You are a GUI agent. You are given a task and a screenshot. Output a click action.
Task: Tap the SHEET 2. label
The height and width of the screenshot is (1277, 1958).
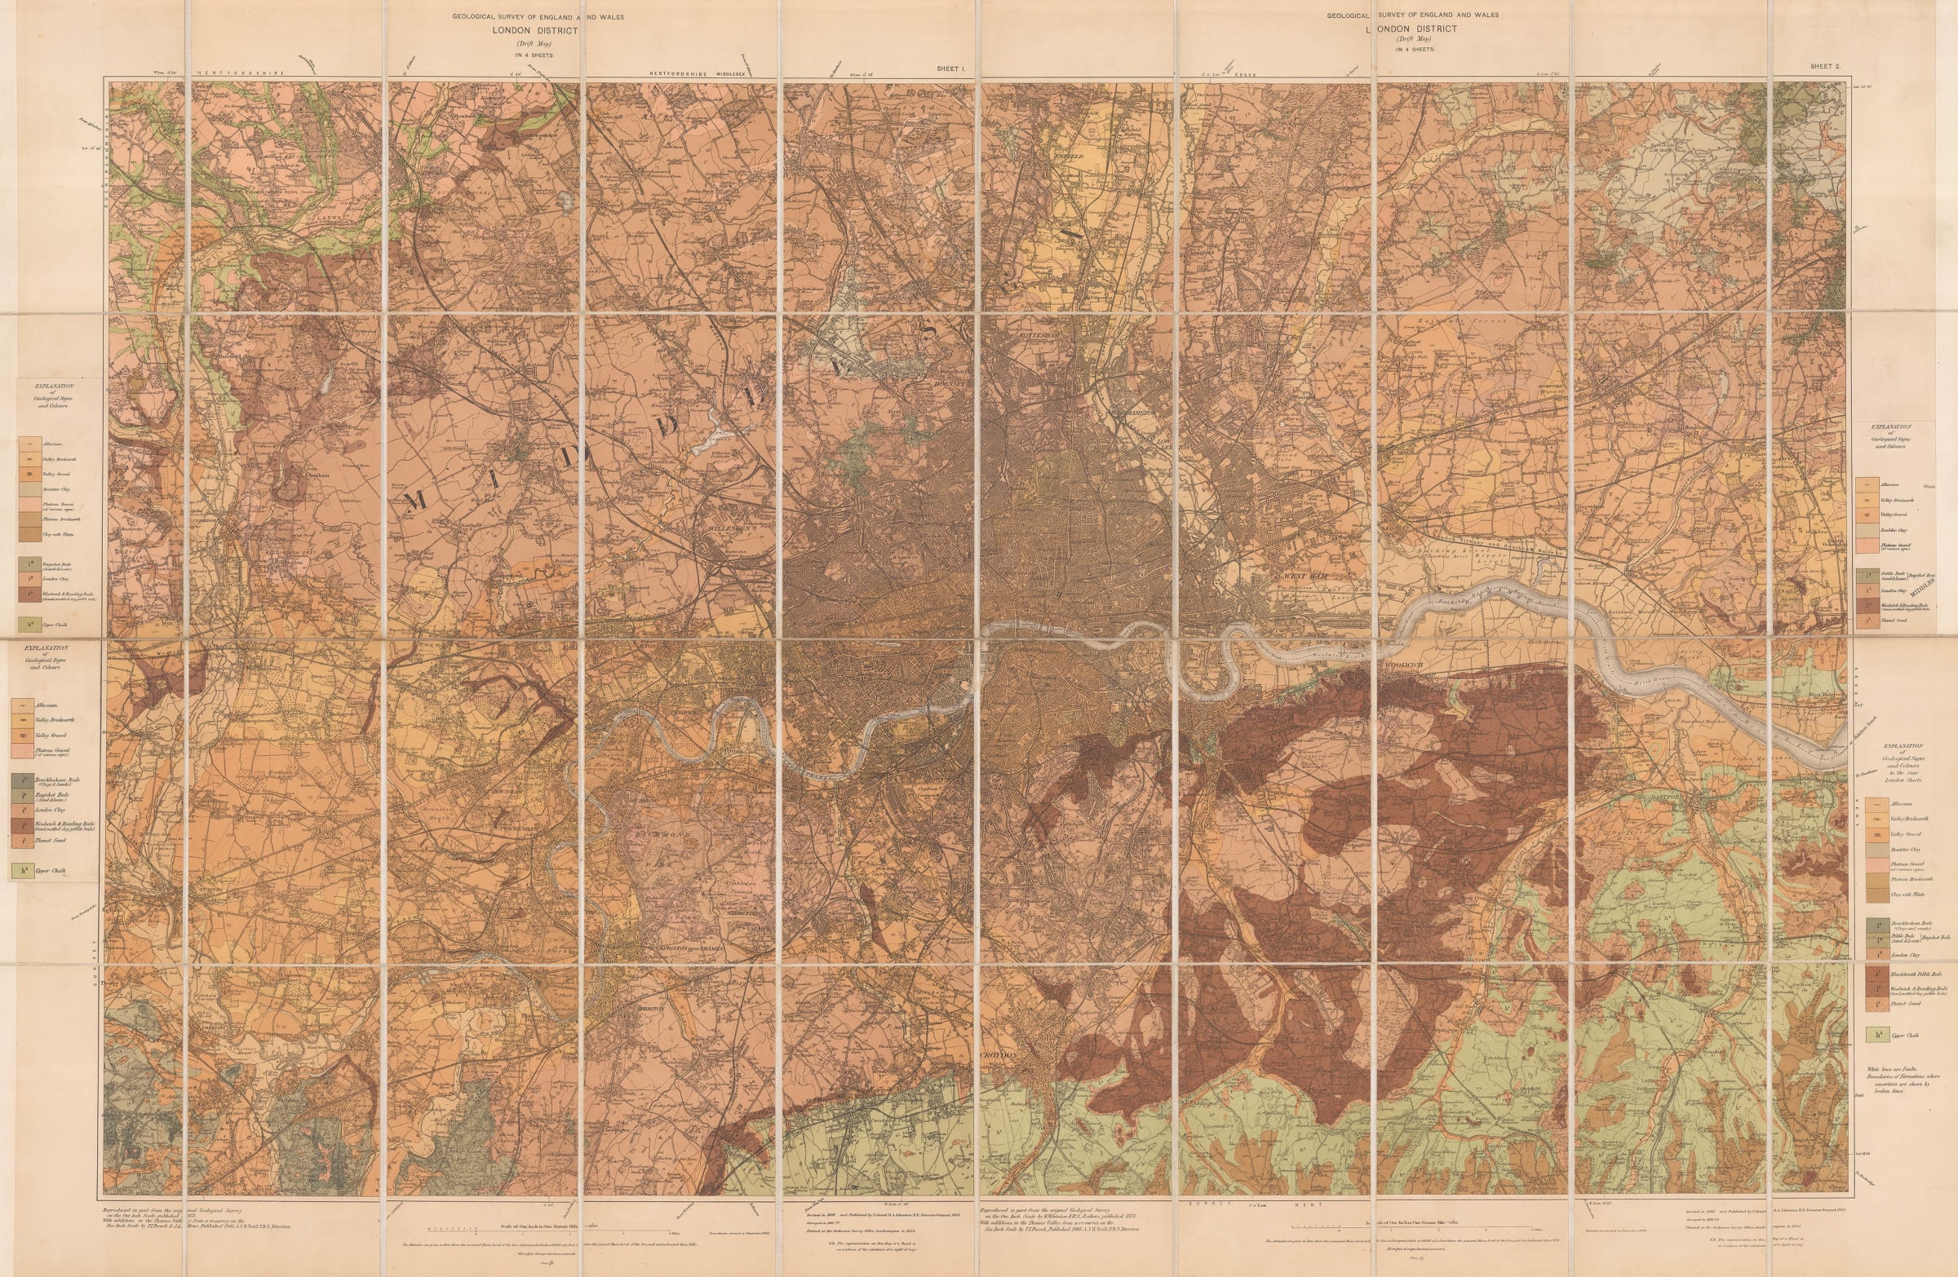1824,66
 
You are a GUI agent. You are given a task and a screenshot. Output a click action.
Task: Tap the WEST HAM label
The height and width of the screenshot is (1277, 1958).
1299,577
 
